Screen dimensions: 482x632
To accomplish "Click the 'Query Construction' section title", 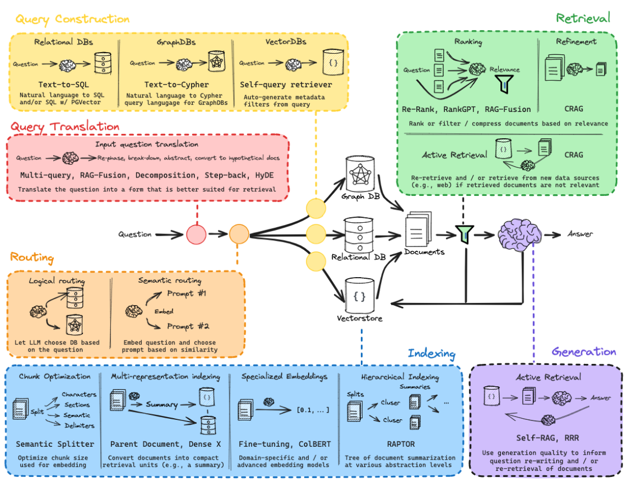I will (x=72, y=20).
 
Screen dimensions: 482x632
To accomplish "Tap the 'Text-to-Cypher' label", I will (x=176, y=85).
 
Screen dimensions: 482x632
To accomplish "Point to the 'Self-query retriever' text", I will (x=286, y=85).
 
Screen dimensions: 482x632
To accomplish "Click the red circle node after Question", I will (x=197, y=234).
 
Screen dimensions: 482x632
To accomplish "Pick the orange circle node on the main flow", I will (x=239, y=234).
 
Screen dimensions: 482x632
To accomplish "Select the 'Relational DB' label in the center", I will (x=359, y=258).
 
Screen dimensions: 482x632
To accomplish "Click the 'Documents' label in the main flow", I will (x=424, y=252).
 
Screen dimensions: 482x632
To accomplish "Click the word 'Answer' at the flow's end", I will (x=580, y=234).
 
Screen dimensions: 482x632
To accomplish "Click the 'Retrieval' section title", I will (x=583, y=18).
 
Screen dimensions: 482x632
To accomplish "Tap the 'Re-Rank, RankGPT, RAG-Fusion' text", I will (x=466, y=109).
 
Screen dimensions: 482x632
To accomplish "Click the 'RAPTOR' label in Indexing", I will (x=401, y=444).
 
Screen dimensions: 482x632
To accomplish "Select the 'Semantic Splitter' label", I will (x=55, y=444).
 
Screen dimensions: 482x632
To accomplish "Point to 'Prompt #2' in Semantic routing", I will (x=188, y=326).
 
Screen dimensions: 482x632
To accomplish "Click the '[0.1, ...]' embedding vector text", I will (x=313, y=410).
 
